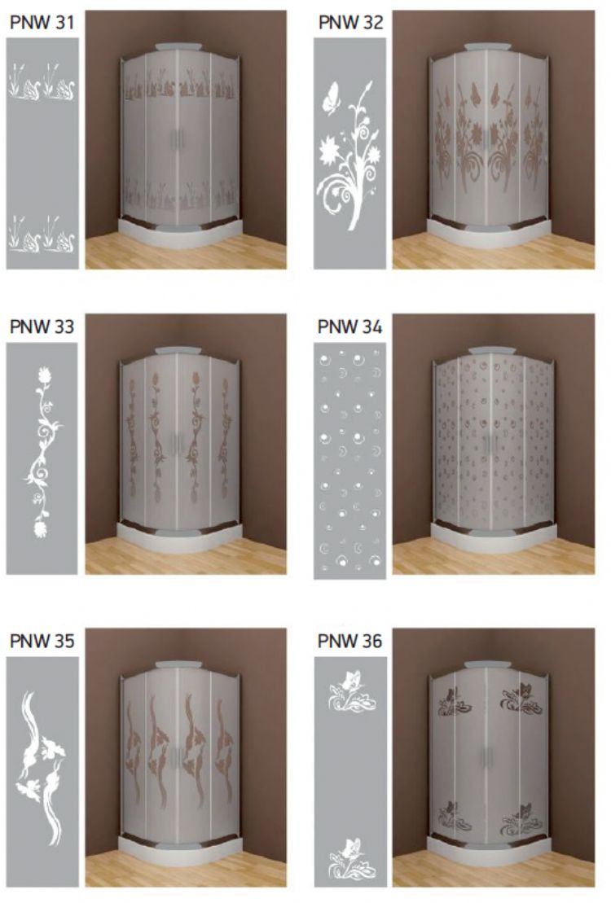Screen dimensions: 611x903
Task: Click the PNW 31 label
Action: (x=42, y=23)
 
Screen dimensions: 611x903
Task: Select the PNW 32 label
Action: (x=350, y=23)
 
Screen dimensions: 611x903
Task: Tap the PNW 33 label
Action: (x=42, y=327)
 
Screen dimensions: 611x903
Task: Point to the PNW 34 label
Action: (x=349, y=327)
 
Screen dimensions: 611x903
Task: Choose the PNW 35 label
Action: (x=42, y=641)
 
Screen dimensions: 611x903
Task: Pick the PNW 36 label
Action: (x=349, y=641)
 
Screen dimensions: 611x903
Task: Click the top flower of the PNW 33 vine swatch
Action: (x=45, y=376)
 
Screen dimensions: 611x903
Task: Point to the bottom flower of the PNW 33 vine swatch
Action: (x=41, y=528)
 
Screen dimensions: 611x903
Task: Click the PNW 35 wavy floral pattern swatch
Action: (x=42, y=771)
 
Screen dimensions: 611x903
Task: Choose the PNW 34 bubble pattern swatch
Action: (x=349, y=461)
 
